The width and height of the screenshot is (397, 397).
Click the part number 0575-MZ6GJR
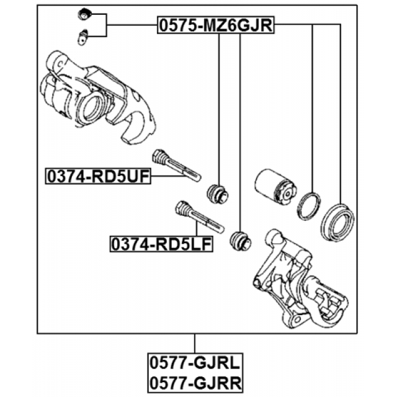pyautogui.click(x=216, y=25)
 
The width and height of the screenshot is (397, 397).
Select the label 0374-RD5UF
pyautogui.click(x=98, y=176)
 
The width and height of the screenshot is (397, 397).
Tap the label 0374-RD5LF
pyautogui.click(x=161, y=244)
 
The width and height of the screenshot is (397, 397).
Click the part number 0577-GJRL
pyautogui.click(x=195, y=362)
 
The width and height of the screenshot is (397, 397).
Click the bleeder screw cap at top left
pyautogui.click(x=83, y=14)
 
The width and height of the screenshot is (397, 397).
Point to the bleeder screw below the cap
pyautogui.click(x=82, y=37)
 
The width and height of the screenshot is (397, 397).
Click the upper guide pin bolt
pyautogui.click(x=176, y=165)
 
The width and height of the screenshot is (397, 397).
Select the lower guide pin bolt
pyautogui.click(x=200, y=216)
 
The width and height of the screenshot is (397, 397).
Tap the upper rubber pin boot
pyautogui.click(x=218, y=194)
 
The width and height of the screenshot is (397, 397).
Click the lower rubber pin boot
pyautogui.click(x=240, y=241)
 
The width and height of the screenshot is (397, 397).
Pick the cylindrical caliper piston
pyautogui.click(x=275, y=185)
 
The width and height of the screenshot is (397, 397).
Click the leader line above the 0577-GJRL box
pyautogui.click(x=195, y=343)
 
